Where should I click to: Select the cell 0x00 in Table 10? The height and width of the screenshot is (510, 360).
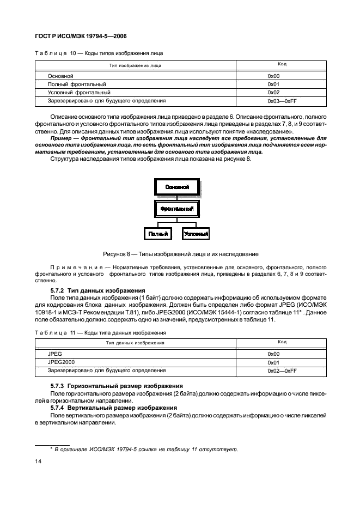(273, 76)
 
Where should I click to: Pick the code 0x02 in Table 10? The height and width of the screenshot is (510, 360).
(273, 93)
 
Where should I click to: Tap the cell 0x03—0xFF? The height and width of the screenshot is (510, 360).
(282, 101)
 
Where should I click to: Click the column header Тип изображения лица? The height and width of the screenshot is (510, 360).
(135, 65)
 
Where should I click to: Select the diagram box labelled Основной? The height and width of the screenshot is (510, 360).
(176, 187)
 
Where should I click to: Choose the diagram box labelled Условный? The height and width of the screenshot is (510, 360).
(196, 234)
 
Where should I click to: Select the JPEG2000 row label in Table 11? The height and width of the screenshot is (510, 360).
(62, 362)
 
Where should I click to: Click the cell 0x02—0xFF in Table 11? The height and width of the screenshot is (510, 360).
(282, 371)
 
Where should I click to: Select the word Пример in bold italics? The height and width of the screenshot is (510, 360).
(60, 139)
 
